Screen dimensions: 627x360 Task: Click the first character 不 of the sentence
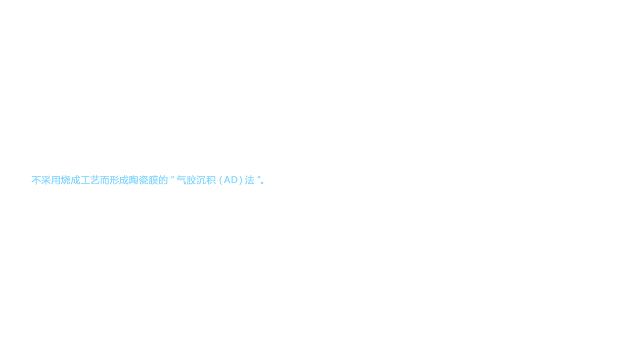pyautogui.click(x=36, y=181)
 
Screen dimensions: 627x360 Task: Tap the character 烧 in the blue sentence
pyautogui.click(x=65, y=181)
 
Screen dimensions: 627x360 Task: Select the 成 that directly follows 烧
pyautogui.click(x=75, y=181)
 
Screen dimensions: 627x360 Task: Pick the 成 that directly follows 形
pyautogui.click(x=124, y=181)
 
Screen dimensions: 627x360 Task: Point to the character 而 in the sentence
pyautogui.click(x=104, y=181)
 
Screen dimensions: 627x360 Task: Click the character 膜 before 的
pyautogui.click(x=153, y=181)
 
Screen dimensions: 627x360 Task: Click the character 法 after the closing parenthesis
pyautogui.click(x=250, y=181)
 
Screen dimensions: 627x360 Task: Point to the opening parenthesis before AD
pyautogui.click(x=221, y=181)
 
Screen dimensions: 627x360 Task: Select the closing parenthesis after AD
pyautogui.click(x=241, y=181)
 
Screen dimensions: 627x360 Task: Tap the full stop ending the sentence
pyautogui.click(x=262, y=183)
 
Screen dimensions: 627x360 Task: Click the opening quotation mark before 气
pyautogui.click(x=172, y=178)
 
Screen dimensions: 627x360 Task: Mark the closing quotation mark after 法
pyautogui.click(x=259, y=178)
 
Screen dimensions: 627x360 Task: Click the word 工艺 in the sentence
pyautogui.click(x=90, y=181)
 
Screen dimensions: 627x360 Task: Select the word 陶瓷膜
pyautogui.click(x=143, y=181)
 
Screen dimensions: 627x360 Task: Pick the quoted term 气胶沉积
pyautogui.click(x=196, y=181)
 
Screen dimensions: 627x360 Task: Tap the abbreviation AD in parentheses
pyautogui.click(x=231, y=181)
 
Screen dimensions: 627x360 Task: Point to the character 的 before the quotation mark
pyautogui.click(x=163, y=181)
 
